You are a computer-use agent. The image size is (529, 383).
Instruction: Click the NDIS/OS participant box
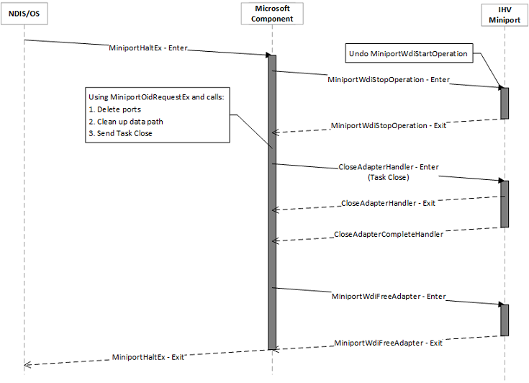pos(23,14)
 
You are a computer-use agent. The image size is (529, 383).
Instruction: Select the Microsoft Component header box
pos(273,14)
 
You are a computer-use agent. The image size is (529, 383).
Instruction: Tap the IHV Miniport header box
pos(505,14)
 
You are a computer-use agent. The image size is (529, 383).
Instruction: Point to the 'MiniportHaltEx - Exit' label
pos(148,356)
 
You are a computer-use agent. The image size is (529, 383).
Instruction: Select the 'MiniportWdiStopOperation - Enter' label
pos(389,80)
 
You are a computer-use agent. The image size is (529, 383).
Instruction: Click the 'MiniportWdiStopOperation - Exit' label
pos(389,125)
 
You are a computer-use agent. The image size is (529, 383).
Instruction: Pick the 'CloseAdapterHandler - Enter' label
pos(389,166)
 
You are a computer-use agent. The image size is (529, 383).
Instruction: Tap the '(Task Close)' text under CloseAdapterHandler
pos(389,176)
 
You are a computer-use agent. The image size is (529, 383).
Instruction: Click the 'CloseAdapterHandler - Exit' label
pos(388,204)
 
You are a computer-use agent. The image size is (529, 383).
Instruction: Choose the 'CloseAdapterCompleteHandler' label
pos(389,234)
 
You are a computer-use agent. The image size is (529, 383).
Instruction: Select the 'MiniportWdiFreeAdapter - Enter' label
pos(389,296)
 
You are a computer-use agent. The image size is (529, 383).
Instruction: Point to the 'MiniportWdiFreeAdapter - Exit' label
pos(389,343)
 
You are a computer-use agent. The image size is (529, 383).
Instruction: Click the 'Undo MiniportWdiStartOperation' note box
pos(408,53)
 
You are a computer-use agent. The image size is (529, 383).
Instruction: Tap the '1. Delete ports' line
pos(114,109)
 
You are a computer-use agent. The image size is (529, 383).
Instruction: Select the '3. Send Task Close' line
pos(120,133)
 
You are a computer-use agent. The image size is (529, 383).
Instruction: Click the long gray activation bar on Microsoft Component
pos(273,202)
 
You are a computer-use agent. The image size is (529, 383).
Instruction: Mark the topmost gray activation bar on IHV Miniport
pos(505,103)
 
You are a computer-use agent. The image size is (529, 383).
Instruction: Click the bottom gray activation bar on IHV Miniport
pos(505,320)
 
